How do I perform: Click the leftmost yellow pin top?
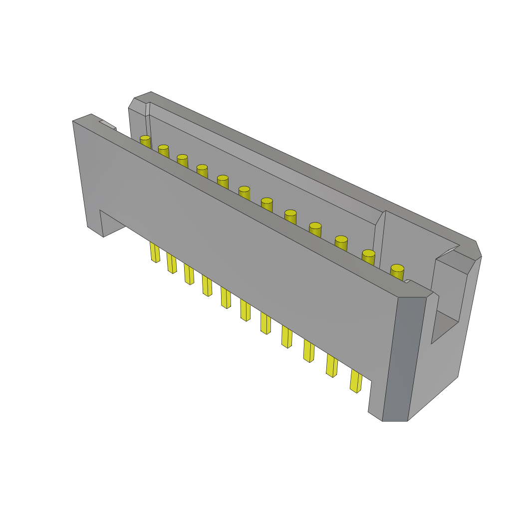pyautogui.click(x=145, y=138)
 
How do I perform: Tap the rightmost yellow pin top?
pyautogui.click(x=397, y=268)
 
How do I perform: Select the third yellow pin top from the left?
pyautogui.click(x=182, y=157)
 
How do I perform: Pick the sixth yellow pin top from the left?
pyautogui.click(x=244, y=189)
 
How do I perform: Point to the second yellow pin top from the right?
pyautogui.click(x=368, y=254)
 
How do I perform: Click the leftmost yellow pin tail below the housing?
pyautogui.click(x=155, y=253)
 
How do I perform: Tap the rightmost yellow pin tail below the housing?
pyautogui.click(x=356, y=381)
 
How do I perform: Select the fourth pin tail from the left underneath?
pyautogui.click(x=207, y=285)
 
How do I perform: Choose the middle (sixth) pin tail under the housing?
pyautogui.click(x=245, y=310)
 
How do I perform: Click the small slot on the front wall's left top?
pyautogui.click(x=108, y=124)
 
